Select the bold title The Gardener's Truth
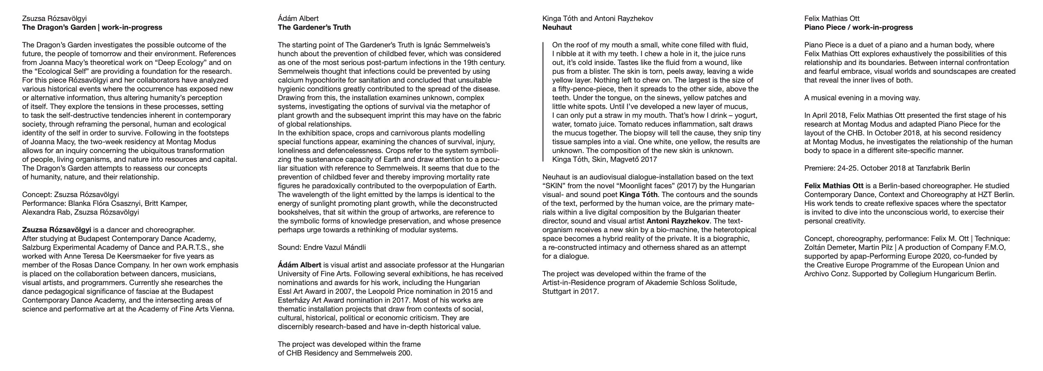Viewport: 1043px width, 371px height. coord(314,28)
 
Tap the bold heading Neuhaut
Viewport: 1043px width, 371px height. coord(557,28)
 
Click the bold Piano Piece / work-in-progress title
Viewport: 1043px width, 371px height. coord(858,28)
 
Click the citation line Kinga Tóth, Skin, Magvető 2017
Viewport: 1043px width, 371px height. coord(604,159)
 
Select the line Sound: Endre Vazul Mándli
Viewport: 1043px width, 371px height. coord(321,247)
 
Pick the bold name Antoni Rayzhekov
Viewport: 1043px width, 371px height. coord(678,221)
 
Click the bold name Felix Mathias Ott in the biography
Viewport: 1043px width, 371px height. coord(834,186)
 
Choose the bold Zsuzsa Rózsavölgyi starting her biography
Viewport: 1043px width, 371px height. coord(57,230)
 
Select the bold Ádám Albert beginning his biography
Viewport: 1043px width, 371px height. coord(299,265)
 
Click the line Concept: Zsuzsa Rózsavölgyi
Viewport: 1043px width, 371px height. coord(70,195)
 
